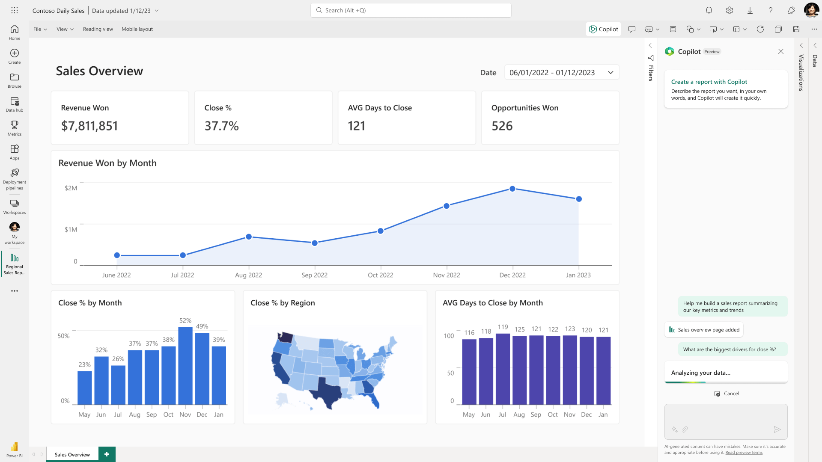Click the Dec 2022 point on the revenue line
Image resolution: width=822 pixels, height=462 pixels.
click(x=512, y=189)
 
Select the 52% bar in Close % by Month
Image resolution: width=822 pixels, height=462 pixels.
click(x=185, y=366)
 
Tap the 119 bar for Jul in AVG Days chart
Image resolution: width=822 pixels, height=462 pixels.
click(x=503, y=369)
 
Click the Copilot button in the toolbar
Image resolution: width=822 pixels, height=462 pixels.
click(x=603, y=29)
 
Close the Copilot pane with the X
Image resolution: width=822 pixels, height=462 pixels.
click(x=781, y=51)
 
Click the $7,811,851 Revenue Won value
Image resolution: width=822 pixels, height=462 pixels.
click(x=89, y=126)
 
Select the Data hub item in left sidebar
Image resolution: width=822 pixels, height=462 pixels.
click(x=15, y=104)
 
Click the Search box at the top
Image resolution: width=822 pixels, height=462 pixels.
click(x=411, y=10)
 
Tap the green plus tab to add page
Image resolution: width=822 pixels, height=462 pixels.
click(x=107, y=454)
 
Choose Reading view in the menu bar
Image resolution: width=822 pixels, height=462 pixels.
click(x=98, y=29)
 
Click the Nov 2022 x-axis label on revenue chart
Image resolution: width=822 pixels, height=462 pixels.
click(x=446, y=275)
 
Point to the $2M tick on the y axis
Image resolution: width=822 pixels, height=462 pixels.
click(x=71, y=188)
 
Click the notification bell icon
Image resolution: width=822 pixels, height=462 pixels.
click(x=709, y=10)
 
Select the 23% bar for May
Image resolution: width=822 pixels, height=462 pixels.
click(x=84, y=388)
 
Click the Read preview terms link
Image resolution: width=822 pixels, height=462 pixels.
click(x=744, y=453)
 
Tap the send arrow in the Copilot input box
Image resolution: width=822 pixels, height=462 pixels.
click(x=777, y=429)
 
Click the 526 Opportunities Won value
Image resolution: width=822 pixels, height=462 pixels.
click(x=502, y=126)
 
